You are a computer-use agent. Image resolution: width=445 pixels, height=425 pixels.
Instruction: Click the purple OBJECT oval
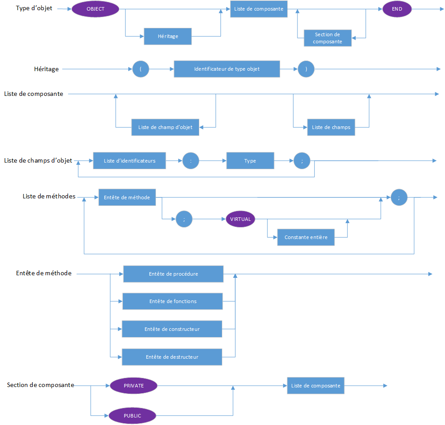(x=95, y=9)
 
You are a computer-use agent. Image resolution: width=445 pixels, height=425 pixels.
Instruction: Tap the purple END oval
(x=397, y=9)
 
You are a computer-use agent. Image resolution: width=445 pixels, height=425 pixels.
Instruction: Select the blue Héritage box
(x=168, y=36)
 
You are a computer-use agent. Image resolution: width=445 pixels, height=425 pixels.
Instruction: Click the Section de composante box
(x=327, y=38)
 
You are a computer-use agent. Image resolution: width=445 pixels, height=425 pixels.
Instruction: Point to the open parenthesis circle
(x=141, y=69)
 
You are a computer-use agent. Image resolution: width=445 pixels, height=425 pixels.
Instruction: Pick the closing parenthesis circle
(x=306, y=69)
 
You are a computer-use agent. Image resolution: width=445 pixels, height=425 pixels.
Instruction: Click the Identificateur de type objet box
(x=227, y=69)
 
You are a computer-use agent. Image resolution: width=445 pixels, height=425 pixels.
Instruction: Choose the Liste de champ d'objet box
(x=165, y=127)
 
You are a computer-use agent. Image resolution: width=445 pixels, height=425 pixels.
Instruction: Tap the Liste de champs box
(x=331, y=127)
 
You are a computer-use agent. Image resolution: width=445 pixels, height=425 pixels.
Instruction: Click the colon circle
(x=190, y=161)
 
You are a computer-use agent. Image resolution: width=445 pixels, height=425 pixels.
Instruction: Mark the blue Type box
(x=250, y=161)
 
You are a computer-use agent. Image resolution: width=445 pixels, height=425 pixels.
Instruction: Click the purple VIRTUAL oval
(x=240, y=219)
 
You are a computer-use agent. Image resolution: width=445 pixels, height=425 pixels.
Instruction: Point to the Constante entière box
(x=306, y=237)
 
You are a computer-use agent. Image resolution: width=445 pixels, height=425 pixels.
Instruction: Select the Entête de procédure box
(x=173, y=274)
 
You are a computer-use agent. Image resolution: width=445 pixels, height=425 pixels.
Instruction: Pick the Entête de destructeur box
(x=172, y=357)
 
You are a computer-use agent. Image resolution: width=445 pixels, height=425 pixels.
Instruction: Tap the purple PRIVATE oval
(x=133, y=386)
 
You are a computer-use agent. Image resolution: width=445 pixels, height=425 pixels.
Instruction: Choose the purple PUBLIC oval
(x=132, y=416)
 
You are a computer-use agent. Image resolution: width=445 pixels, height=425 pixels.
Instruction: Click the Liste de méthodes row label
(x=49, y=196)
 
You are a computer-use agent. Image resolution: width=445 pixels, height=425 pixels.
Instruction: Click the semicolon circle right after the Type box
(x=302, y=161)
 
